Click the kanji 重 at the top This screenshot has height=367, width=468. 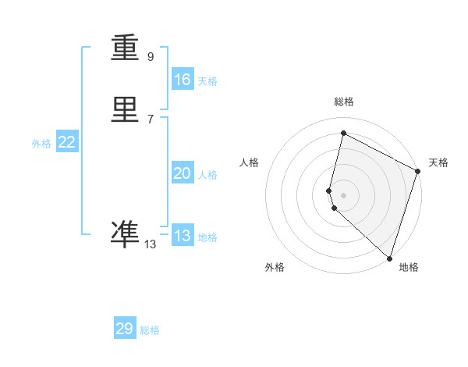coord(126,48)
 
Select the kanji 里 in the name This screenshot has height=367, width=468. coord(126,111)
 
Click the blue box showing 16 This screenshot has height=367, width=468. coord(182,80)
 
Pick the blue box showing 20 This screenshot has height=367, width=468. coord(182,173)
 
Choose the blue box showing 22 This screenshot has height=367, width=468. coord(66,142)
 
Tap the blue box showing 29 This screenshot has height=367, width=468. coord(125,329)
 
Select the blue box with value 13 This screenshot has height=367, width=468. coord(182,236)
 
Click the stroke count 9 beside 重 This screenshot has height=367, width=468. coord(151,57)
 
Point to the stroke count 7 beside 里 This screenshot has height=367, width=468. coord(151,119)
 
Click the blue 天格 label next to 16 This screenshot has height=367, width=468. coord(207,81)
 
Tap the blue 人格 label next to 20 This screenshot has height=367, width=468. coord(207,175)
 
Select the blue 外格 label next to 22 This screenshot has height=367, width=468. coord(41,144)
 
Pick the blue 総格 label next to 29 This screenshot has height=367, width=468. coord(150,330)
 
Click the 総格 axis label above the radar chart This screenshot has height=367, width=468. coord(344,102)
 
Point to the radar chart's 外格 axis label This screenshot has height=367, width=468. coord(275,267)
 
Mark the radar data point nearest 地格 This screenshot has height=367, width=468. coord(390,258)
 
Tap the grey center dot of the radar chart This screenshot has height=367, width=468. coord(344,194)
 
